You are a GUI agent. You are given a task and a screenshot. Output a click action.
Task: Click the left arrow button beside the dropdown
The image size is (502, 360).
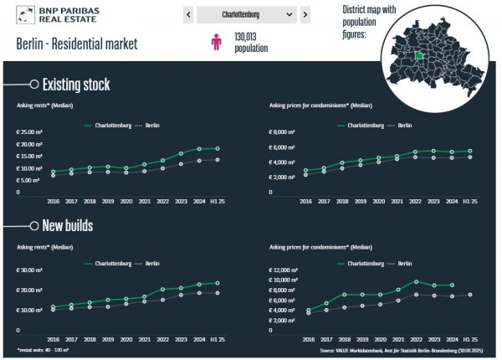tap(189, 15)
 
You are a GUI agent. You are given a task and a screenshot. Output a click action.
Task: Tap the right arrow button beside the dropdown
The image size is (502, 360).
tap(305, 15)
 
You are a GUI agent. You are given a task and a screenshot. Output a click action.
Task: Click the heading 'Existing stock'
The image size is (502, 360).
tap(76, 85)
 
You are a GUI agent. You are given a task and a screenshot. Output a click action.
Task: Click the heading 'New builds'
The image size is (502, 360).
tap(68, 227)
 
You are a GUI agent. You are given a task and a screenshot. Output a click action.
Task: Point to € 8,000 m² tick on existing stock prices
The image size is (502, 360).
tap(283, 132)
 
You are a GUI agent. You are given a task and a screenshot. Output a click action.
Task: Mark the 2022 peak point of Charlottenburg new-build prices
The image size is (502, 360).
tap(416, 282)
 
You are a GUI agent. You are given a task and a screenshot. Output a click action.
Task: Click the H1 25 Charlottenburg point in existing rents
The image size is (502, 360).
tap(218, 149)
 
